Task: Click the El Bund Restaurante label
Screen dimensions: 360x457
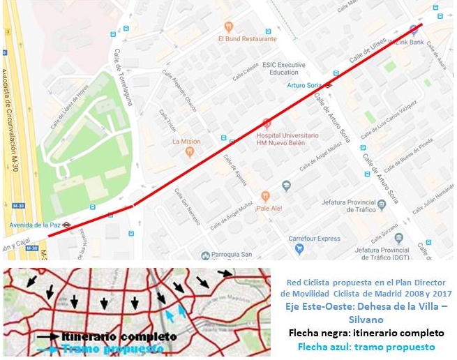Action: [x=247, y=39]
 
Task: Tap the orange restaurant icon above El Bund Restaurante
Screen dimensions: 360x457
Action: [x=228, y=27]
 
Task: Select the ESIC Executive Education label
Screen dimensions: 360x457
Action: [x=285, y=68]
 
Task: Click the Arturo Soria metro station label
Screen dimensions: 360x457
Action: [x=305, y=85]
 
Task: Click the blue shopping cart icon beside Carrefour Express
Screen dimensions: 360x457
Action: [x=299, y=248]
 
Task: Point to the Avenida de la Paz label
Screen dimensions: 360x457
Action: [x=34, y=225]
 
